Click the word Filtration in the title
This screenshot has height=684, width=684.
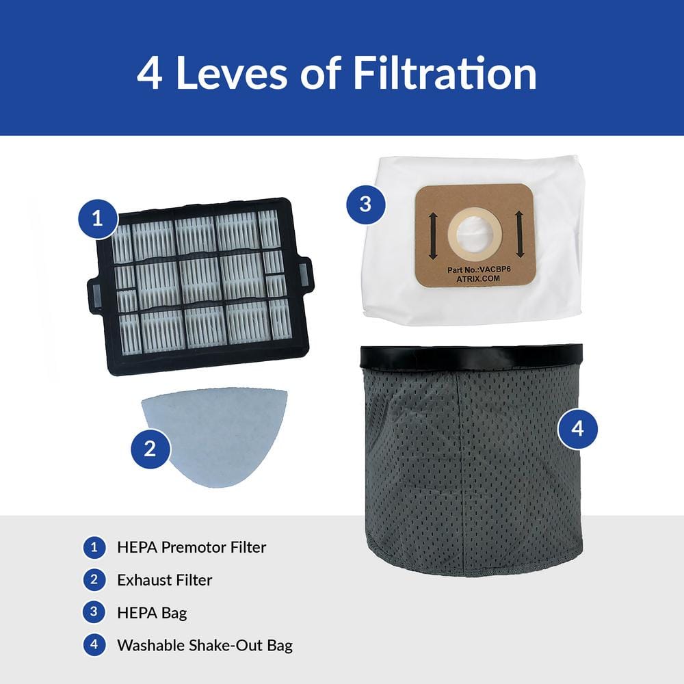(x=445, y=73)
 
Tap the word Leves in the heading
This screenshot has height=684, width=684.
(x=231, y=74)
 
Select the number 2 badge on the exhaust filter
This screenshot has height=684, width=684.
(x=150, y=449)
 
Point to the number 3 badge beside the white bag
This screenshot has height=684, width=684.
(x=365, y=204)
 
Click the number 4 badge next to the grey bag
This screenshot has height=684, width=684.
(x=577, y=428)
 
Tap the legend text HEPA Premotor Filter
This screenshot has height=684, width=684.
(x=192, y=547)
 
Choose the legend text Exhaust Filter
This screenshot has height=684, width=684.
(x=164, y=580)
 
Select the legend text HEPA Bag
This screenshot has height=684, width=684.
(x=152, y=613)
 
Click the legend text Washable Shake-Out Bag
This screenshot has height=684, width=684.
(x=205, y=645)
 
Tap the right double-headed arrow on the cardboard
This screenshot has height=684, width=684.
(x=519, y=234)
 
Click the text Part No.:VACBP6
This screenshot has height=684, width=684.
(x=479, y=269)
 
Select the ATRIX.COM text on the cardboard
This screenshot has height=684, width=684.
(x=478, y=279)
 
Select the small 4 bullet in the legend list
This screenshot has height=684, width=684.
(x=94, y=645)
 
